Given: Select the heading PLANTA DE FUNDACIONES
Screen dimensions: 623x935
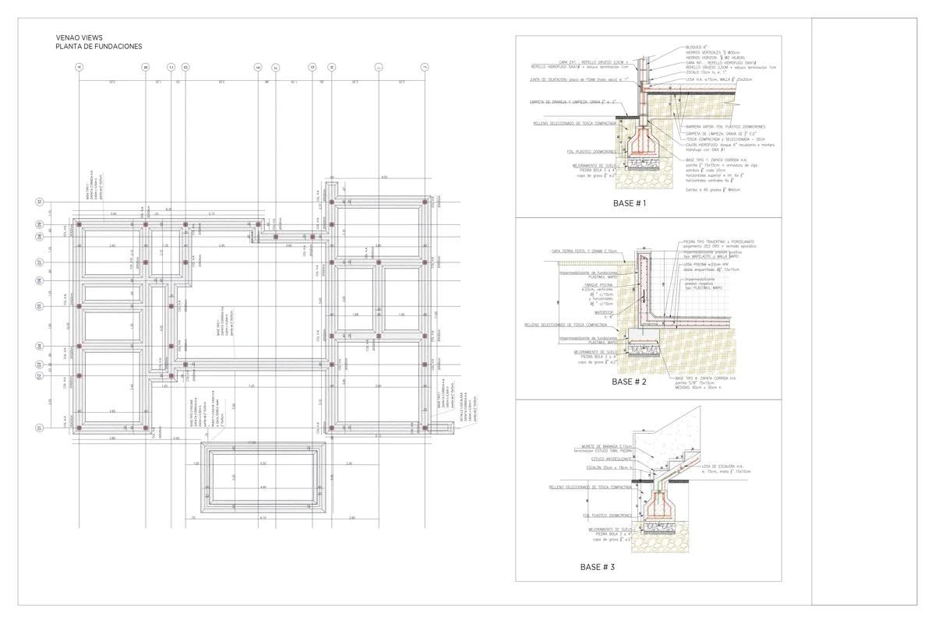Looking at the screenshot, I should [98, 47].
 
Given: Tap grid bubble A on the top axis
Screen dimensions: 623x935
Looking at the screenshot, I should [79, 68].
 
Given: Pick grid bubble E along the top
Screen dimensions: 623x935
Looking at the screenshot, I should [258, 68].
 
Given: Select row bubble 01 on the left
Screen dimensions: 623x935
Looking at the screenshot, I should [38, 428].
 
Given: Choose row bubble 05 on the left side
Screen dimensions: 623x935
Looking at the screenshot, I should [38, 307].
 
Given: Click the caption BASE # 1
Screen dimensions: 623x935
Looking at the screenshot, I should [630, 203].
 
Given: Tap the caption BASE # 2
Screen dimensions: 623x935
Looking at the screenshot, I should [630, 382].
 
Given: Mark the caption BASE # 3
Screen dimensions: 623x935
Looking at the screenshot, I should [598, 567].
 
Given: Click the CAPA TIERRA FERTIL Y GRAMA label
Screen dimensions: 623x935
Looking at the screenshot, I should [584, 251].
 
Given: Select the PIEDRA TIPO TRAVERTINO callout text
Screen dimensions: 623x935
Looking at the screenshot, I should [718, 242].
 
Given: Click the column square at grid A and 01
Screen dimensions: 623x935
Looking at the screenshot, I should [79, 428].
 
